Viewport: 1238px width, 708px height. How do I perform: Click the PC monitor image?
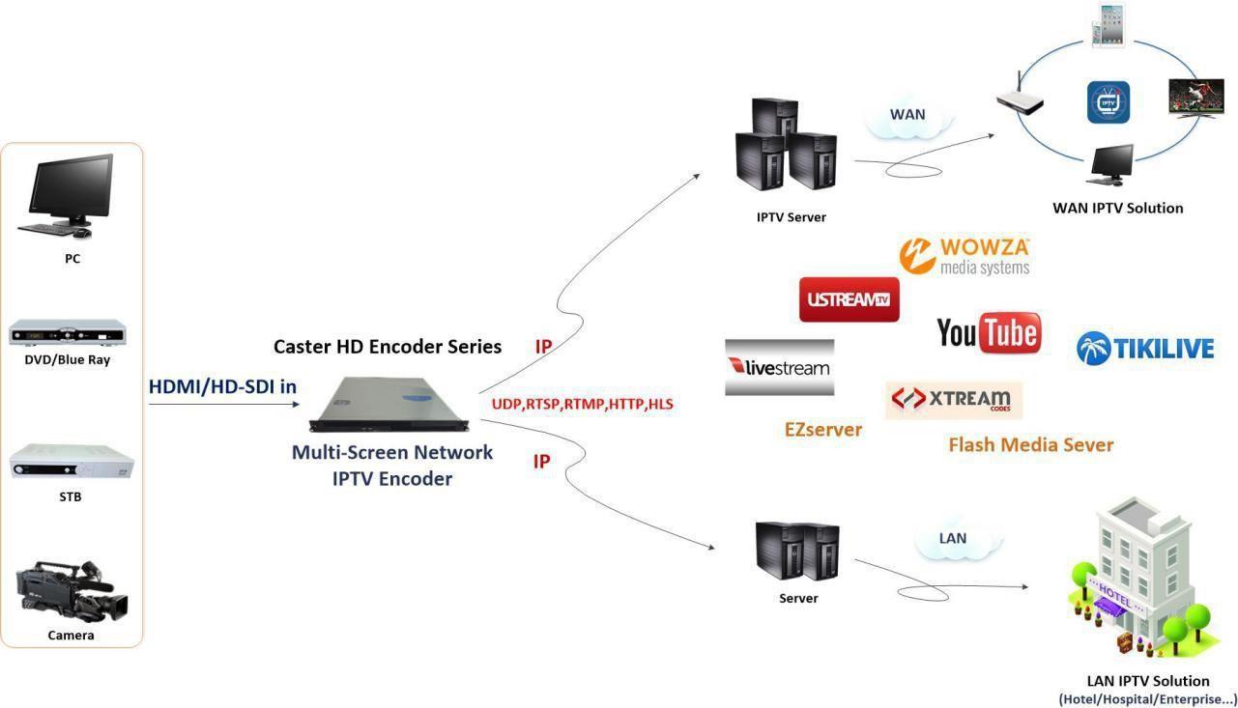(x=67, y=195)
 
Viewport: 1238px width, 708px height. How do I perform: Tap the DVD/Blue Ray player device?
(x=68, y=332)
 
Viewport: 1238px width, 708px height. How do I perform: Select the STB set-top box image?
(x=72, y=461)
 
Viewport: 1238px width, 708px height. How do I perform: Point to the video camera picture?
(x=72, y=592)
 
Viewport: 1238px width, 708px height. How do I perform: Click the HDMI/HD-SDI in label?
(x=222, y=386)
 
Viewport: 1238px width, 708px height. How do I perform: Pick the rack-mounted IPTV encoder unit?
(x=389, y=405)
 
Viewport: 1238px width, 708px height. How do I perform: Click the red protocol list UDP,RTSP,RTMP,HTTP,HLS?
(x=583, y=405)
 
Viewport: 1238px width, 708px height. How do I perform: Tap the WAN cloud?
(x=908, y=117)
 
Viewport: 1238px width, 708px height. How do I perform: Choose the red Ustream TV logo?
(x=849, y=299)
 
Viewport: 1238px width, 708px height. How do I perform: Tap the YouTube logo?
(x=990, y=332)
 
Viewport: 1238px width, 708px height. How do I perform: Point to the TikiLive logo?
(x=1145, y=348)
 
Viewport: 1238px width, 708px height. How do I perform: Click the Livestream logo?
(x=779, y=367)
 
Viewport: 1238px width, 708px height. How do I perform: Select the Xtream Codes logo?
(x=954, y=400)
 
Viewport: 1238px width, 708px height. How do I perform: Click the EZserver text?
(x=823, y=430)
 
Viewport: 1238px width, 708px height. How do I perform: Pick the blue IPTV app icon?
(x=1108, y=102)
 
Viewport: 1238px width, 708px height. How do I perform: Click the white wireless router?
(x=1021, y=96)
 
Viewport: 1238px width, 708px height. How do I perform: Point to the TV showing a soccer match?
(x=1196, y=99)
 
